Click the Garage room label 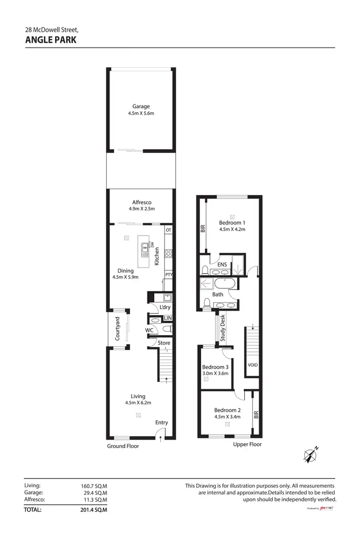(141, 106)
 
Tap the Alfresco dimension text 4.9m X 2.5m (142, 209)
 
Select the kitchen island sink (144, 249)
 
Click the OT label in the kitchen (168, 230)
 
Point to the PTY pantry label (168, 275)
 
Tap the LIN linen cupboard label (168, 318)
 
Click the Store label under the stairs (164, 343)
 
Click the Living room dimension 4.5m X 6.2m (138, 403)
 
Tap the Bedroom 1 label (232, 223)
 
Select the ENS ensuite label (222, 264)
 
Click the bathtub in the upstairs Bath (224, 284)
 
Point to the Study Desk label (223, 328)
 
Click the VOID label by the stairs (252, 365)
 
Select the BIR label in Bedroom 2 (256, 414)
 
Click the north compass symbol (311, 453)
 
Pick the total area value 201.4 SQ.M (94, 510)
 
